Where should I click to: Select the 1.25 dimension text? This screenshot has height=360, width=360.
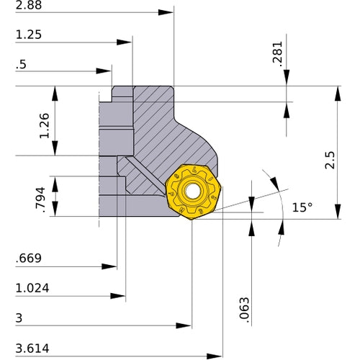pos(27,34)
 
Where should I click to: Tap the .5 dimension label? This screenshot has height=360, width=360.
pos(19,63)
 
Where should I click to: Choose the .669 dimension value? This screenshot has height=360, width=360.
pos(30,258)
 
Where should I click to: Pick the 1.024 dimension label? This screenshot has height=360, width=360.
pos(32,288)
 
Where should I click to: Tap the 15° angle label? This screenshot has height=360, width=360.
pos(302,207)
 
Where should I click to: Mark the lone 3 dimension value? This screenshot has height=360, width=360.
pos(19,318)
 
